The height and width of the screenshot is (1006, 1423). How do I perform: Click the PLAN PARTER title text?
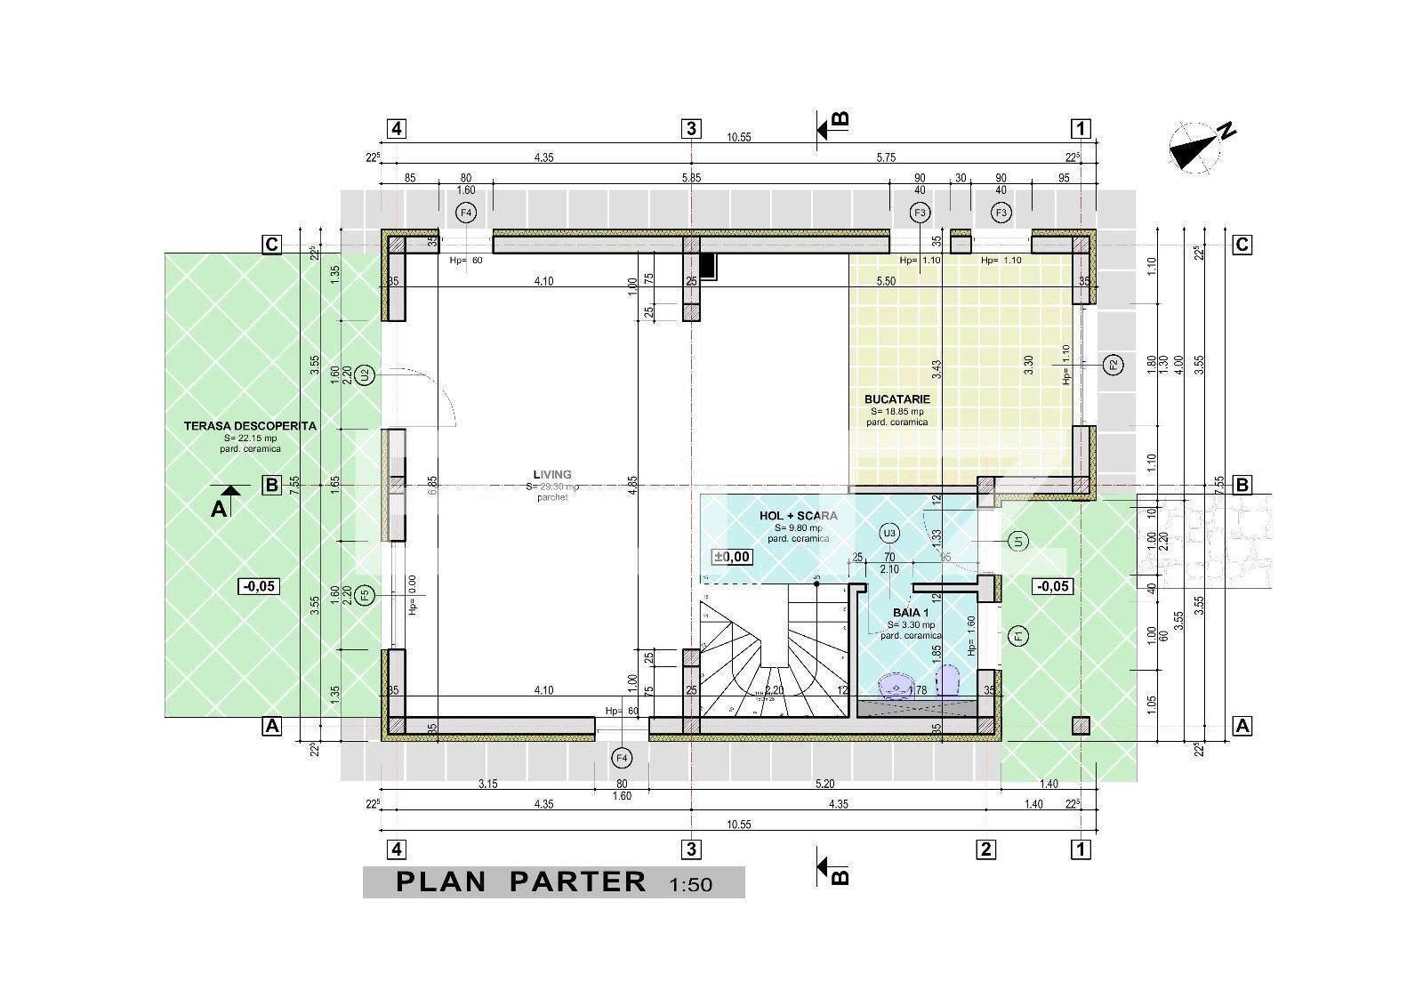click(x=521, y=881)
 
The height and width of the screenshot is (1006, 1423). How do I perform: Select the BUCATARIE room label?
click(x=896, y=399)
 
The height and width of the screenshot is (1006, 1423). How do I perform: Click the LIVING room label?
click(x=551, y=475)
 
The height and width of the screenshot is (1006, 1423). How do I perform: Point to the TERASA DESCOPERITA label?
click(x=250, y=426)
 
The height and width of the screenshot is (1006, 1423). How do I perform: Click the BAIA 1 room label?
click(x=911, y=613)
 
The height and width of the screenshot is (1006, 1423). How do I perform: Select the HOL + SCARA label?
click(x=798, y=516)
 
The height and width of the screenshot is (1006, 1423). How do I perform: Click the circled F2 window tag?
click(x=1113, y=364)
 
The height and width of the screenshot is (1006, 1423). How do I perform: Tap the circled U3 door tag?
click(x=888, y=533)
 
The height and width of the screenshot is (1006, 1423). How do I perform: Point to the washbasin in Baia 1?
click(x=895, y=688)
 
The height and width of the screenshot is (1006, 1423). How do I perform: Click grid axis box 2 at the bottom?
click(x=985, y=849)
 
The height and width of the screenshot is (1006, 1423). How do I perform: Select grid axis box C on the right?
click(x=1242, y=245)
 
